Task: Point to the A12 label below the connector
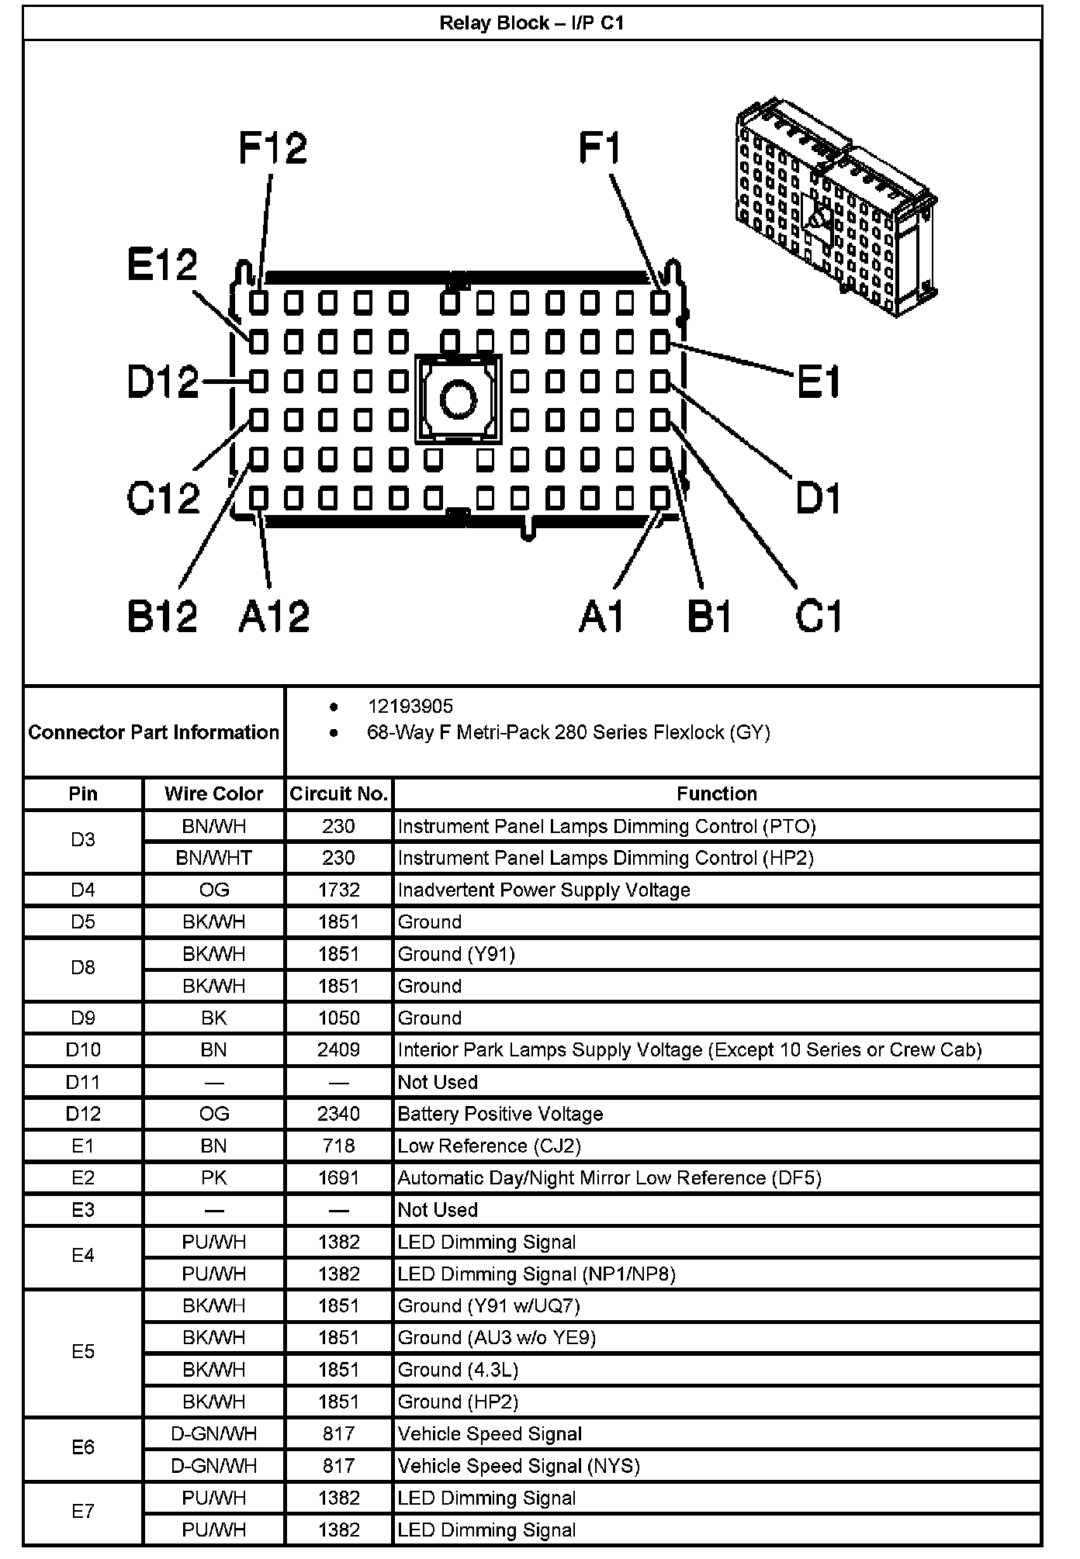(274, 617)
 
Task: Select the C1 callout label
(819, 617)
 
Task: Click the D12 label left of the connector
(163, 382)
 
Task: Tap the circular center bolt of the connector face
(459, 399)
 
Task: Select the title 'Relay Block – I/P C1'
(531, 23)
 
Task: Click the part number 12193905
(410, 707)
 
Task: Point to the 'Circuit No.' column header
(338, 794)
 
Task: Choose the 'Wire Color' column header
(214, 794)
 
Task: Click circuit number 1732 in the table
(338, 890)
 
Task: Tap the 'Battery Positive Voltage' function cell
(500, 1115)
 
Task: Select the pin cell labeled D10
(83, 1050)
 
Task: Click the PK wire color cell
(214, 1178)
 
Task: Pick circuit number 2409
(338, 1050)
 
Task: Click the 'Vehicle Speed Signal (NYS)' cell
(518, 1466)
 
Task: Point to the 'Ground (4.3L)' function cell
(458, 1371)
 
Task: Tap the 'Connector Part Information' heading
(154, 732)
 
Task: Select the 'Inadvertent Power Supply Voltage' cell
(544, 890)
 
